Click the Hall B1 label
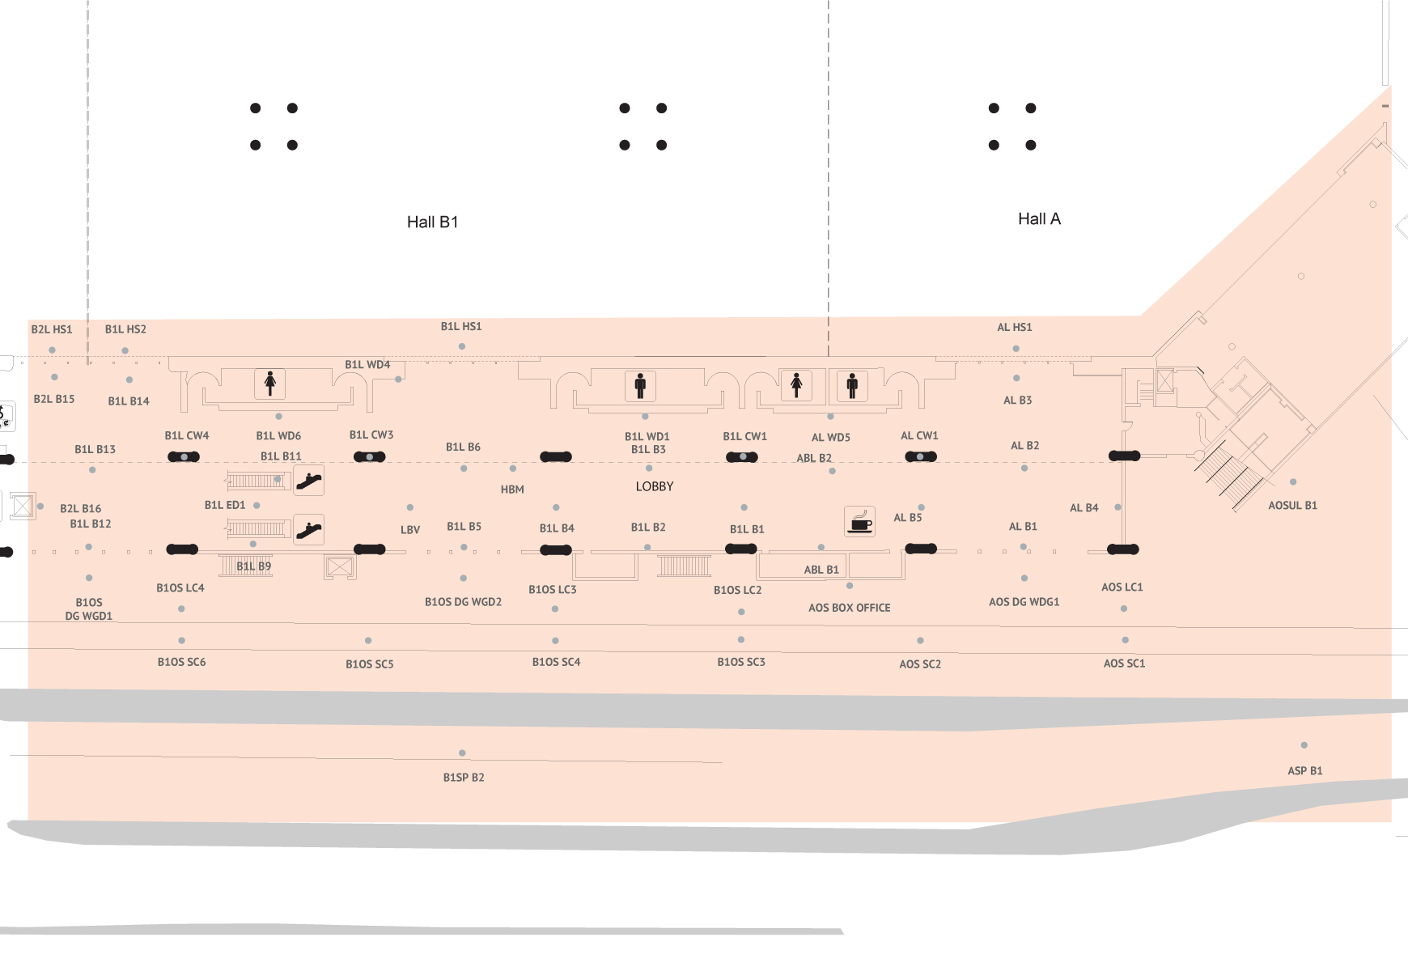coord(432,222)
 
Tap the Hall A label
coord(1039,218)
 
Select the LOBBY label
coord(655,486)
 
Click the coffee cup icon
coord(859,521)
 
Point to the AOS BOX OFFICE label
coord(849,608)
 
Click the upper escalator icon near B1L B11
coord(308,481)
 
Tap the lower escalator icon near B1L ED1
coord(308,529)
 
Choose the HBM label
coord(512,490)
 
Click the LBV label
coord(410,530)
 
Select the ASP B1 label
coord(1305,770)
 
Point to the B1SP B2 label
coord(464,778)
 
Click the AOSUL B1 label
coord(1292,506)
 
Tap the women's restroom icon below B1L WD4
coord(270,383)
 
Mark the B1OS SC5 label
coord(370,664)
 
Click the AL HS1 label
coord(1015,327)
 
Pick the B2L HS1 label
coord(52,329)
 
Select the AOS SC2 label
coord(920,664)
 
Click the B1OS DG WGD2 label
coord(463,602)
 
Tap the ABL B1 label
coord(821,570)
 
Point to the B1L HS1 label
coord(461,326)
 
